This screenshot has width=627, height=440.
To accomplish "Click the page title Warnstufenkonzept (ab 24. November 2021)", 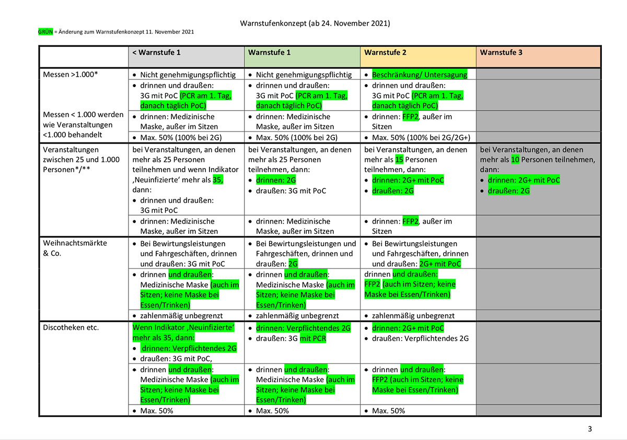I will (315, 23).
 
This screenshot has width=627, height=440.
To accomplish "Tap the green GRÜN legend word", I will (45, 32).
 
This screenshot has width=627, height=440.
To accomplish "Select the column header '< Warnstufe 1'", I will (156, 53).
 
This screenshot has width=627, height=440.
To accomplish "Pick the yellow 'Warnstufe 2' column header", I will (385, 53).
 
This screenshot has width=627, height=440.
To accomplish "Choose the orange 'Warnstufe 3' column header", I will (501, 53).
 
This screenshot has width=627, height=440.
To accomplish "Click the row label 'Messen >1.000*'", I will (71, 75).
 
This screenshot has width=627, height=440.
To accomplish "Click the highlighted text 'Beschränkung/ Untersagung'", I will (420, 75).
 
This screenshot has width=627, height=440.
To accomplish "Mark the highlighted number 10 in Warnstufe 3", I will (515, 160).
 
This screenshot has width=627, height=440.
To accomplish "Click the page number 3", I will (590, 429).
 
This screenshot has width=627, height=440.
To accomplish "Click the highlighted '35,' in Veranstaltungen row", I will (218, 180).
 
